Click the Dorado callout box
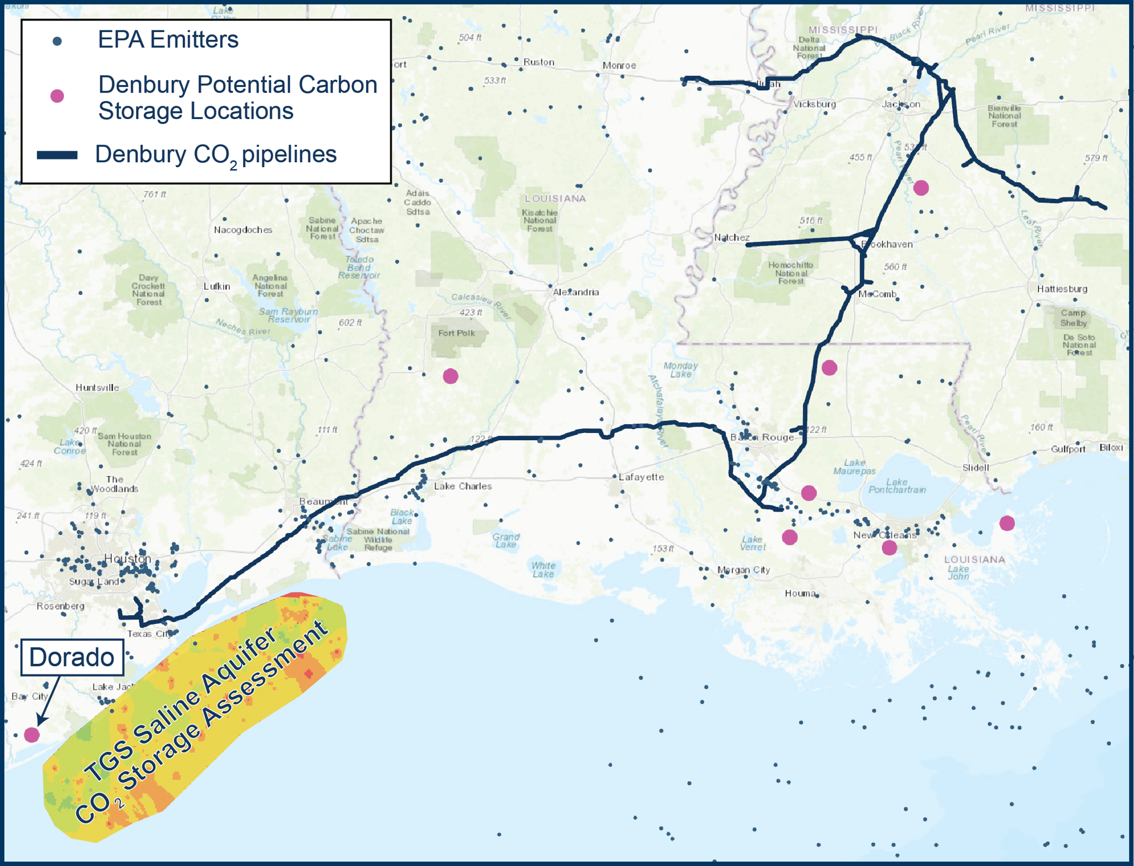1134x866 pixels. point(72,657)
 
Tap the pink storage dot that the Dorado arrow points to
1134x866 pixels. point(32,735)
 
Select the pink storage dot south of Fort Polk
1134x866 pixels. point(451,377)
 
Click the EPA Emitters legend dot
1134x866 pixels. point(57,41)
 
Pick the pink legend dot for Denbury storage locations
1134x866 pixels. point(57,96)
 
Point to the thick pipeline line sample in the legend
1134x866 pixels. point(57,155)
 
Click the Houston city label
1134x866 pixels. point(128,558)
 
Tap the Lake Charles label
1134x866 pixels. point(463,486)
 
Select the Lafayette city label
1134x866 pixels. point(641,477)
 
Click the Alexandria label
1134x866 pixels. point(576,292)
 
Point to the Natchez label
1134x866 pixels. point(731,238)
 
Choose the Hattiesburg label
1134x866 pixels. point(1062,288)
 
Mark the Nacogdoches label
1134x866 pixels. point(243,230)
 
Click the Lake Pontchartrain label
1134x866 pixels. point(897,486)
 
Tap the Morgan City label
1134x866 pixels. point(744,570)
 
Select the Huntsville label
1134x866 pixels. point(97,388)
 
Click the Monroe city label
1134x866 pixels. point(619,65)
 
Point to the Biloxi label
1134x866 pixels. point(1111,447)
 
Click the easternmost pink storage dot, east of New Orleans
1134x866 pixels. point(1007,523)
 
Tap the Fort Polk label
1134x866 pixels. point(456,333)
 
